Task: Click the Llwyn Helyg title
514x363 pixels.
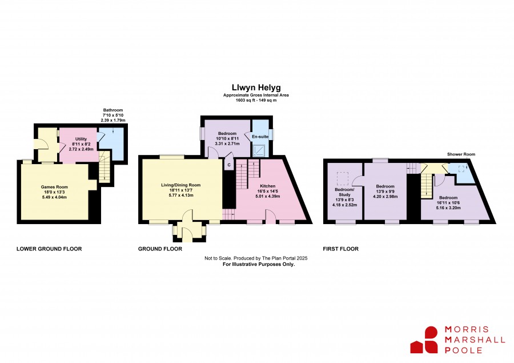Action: tap(256, 87)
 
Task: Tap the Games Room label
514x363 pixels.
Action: tap(54, 187)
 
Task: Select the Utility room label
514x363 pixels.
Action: tap(81, 139)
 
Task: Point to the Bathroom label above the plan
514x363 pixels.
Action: tap(113, 110)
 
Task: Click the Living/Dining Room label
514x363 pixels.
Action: tap(180, 185)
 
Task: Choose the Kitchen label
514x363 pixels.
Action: tap(267, 186)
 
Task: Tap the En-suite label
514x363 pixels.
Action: tap(260, 137)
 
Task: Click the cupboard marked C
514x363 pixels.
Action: tap(229, 165)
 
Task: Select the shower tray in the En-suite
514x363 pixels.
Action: tap(260, 150)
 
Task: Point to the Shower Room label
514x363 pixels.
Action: tap(461, 154)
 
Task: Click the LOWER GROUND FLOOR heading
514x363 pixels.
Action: tap(49, 249)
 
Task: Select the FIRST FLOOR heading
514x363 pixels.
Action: tap(340, 249)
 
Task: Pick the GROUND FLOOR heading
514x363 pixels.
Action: tap(160, 249)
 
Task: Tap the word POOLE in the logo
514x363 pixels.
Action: tap(463, 350)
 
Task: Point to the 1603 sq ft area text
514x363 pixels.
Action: tap(256, 101)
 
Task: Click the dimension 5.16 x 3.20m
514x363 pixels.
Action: tap(448, 208)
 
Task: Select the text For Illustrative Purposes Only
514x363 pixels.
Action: tap(259, 264)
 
